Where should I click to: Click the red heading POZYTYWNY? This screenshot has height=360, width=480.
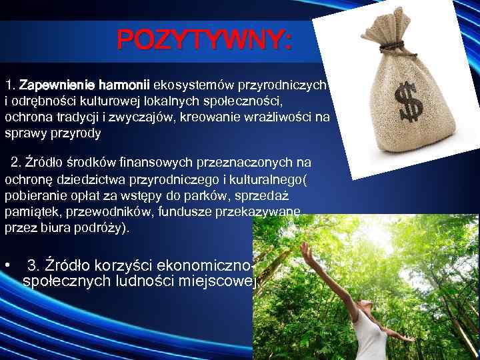point(204,41)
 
